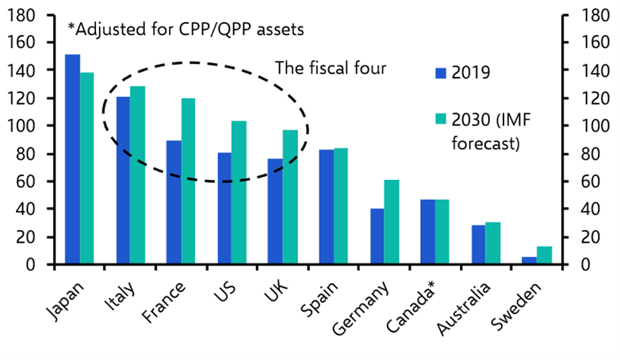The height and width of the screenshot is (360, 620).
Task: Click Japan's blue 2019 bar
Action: (x=72, y=159)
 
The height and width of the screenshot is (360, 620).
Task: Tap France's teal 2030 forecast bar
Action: (x=189, y=181)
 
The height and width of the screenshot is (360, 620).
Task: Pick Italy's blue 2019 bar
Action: (x=123, y=180)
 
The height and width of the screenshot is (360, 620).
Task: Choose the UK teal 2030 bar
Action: (x=290, y=197)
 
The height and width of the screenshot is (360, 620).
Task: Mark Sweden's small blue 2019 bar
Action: (x=529, y=260)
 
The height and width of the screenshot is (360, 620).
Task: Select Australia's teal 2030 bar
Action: (x=493, y=243)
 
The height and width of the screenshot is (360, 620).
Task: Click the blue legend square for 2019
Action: (x=441, y=74)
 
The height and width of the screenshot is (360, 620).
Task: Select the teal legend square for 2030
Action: (x=441, y=119)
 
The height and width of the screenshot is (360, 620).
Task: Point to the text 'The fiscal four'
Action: (x=330, y=68)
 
